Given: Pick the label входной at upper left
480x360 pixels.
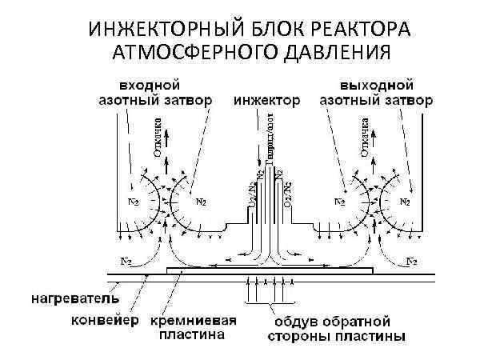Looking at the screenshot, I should click(x=149, y=84).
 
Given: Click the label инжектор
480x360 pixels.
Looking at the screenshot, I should click(x=267, y=102).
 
